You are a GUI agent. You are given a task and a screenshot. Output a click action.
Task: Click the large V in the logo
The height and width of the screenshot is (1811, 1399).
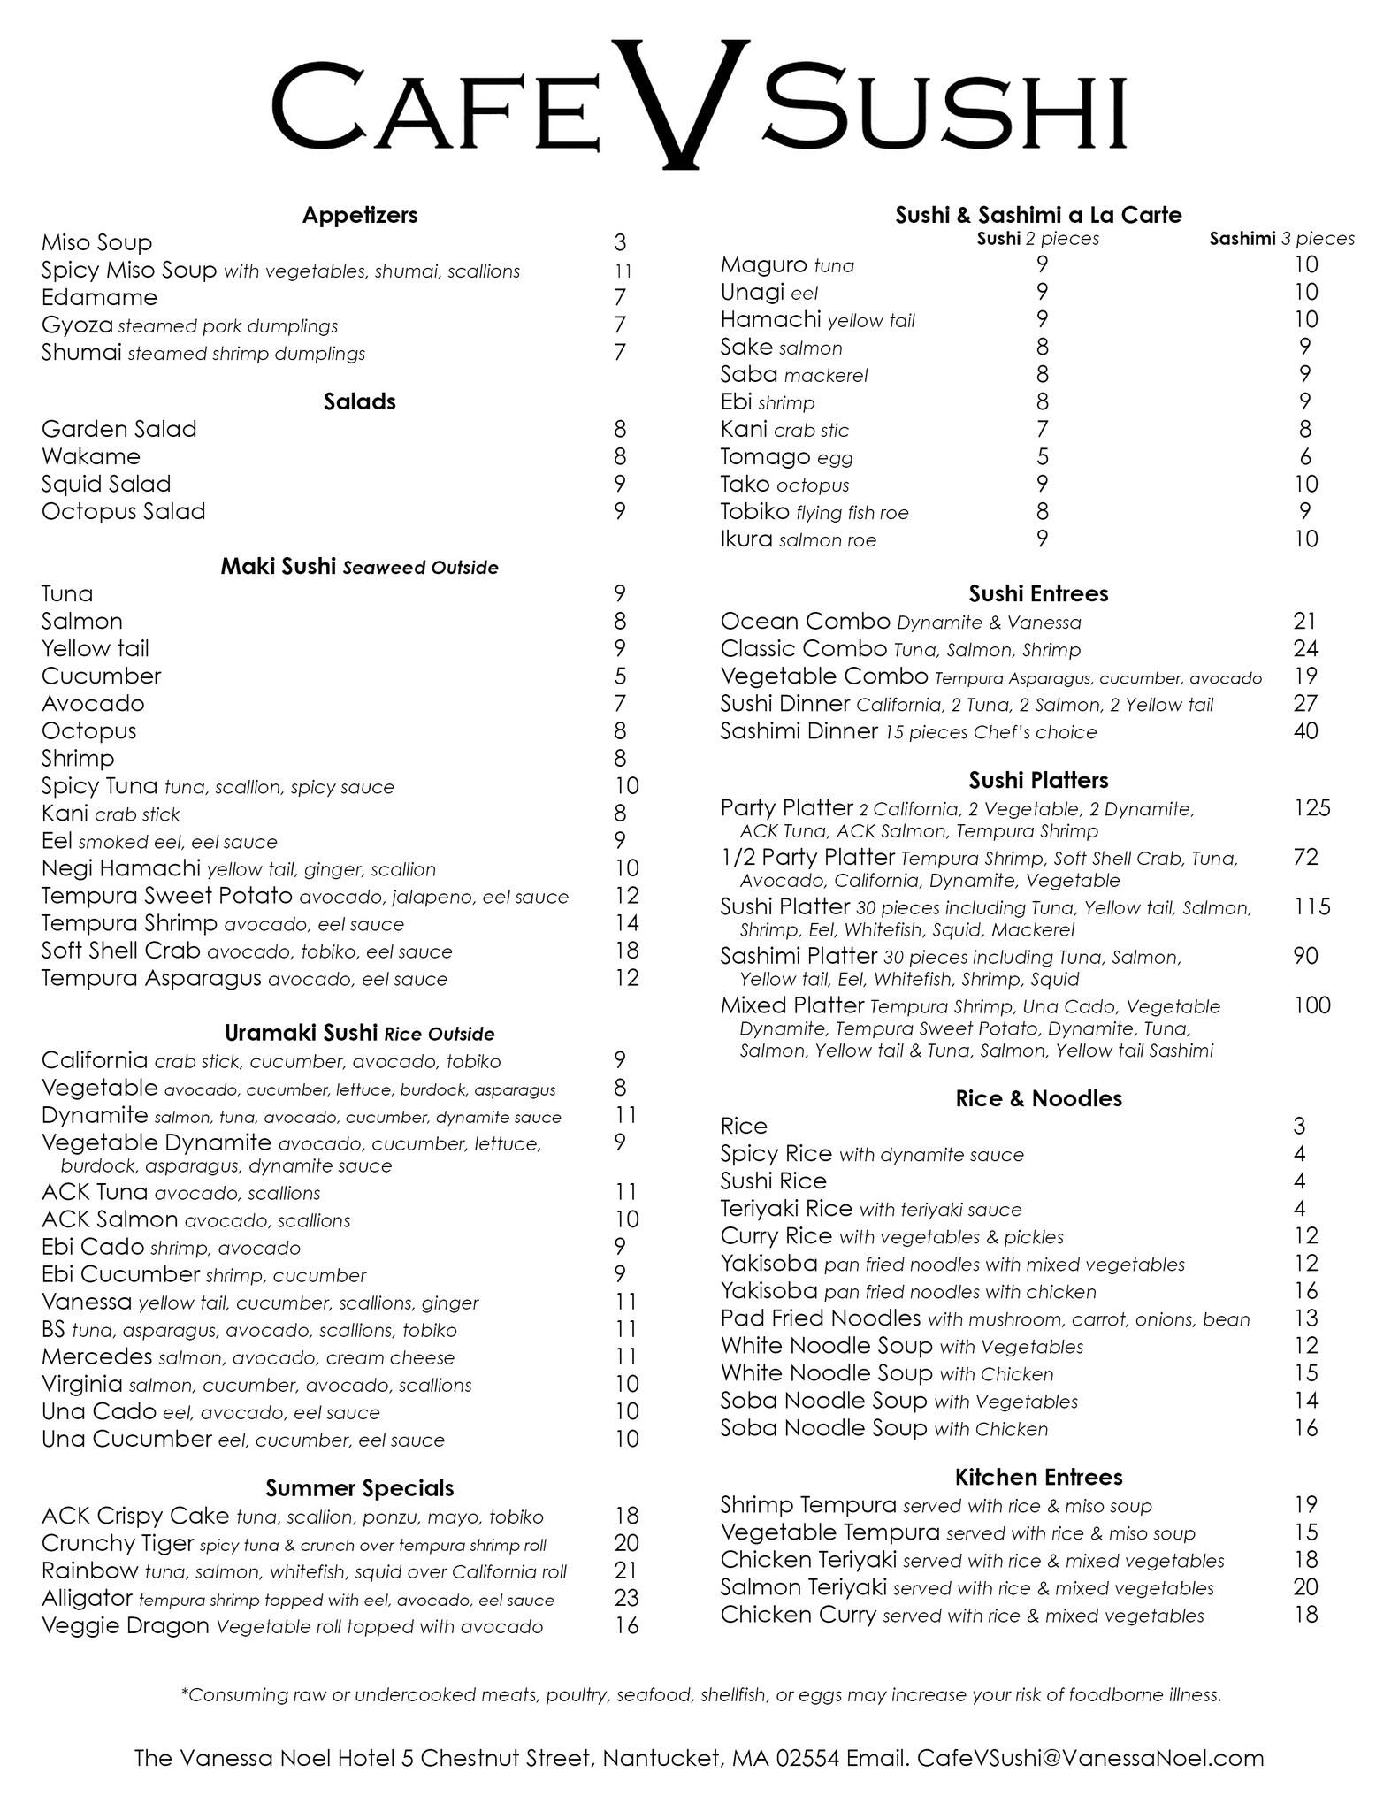pyautogui.click(x=680, y=102)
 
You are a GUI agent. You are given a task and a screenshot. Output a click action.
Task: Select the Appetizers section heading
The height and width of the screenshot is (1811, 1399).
pyautogui.click(x=360, y=215)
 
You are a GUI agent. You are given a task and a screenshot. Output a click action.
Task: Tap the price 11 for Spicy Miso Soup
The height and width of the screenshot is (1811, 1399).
pyautogui.click(x=623, y=271)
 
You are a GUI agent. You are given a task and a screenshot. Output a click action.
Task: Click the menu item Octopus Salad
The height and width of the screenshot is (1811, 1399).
pyautogui.click(x=124, y=511)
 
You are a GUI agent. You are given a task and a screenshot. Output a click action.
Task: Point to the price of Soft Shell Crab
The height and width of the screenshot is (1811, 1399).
pyautogui.click(x=626, y=951)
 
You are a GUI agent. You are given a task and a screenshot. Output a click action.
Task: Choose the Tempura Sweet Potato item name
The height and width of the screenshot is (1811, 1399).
pyautogui.click(x=167, y=896)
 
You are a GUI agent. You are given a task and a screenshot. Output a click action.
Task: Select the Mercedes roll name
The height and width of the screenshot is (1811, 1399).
pyautogui.click(x=97, y=1356)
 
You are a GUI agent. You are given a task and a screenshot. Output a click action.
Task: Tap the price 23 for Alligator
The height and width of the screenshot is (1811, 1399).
pyautogui.click(x=626, y=1598)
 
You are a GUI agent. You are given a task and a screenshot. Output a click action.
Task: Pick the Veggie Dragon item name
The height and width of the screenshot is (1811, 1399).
pyautogui.click(x=126, y=1625)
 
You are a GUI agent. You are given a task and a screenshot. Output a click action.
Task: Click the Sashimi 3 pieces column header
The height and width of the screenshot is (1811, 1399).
pyautogui.click(x=1281, y=238)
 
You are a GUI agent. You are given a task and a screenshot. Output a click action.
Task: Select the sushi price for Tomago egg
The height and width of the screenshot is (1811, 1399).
pyautogui.click(x=1043, y=457)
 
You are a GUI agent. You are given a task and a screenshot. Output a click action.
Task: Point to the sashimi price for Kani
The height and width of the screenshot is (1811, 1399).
pyautogui.click(x=1305, y=430)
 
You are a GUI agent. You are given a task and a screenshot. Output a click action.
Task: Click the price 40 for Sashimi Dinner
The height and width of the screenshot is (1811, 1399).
pyautogui.click(x=1305, y=731)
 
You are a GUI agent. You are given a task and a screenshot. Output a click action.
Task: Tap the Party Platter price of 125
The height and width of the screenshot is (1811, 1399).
pyautogui.click(x=1311, y=808)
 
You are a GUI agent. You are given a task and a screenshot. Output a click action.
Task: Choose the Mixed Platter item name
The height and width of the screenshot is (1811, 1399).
pyautogui.click(x=792, y=1005)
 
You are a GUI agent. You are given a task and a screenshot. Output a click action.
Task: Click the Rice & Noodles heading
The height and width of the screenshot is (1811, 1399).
pyautogui.click(x=1038, y=1098)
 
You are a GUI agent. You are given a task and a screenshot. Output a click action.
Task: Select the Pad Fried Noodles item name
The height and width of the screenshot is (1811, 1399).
pyautogui.click(x=821, y=1318)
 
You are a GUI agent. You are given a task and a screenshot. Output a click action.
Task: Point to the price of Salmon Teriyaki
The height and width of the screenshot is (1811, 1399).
pyautogui.click(x=1305, y=1587)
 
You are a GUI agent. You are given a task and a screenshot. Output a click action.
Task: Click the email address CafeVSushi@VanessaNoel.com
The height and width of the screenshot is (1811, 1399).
pyautogui.click(x=1090, y=1758)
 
